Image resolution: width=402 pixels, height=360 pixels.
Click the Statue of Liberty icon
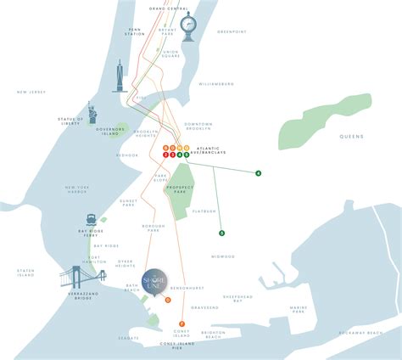[91, 113]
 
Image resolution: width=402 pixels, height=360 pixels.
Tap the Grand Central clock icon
[189, 25]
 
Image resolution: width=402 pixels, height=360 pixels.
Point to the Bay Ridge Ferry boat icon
[90, 218]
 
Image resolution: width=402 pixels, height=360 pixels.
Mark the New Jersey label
[30, 92]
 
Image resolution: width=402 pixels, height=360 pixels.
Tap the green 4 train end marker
[258, 173]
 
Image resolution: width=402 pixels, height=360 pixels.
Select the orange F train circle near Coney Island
[181, 323]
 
